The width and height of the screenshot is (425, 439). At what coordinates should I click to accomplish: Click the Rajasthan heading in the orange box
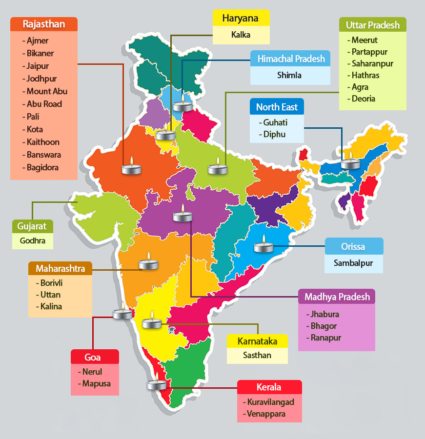(44, 24)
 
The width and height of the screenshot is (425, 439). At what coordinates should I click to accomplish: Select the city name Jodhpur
(41, 79)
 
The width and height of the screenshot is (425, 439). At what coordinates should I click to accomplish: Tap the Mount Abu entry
(47, 91)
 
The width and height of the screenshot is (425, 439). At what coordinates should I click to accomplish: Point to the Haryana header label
(241, 19)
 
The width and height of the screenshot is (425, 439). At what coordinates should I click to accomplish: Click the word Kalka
(241, 35)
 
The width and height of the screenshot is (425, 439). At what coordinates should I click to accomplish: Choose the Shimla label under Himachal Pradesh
(289, 75)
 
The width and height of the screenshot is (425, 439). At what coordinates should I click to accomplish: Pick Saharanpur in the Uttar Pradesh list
(372, 63)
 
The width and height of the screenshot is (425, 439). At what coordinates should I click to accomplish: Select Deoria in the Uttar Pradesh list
(364, 99)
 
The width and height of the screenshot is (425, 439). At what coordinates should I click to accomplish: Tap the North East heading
(277, 107)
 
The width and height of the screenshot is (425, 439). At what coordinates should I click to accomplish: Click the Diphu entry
(274, 134)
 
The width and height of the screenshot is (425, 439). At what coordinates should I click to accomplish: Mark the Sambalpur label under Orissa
(353, 263)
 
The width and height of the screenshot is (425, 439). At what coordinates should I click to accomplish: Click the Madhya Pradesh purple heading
(337, 297)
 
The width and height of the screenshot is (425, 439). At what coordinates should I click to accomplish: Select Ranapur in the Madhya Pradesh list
(325, 338)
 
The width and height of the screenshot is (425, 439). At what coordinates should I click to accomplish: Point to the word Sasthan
(257, 355)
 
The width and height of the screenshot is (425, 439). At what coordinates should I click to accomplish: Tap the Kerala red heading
(269, 387)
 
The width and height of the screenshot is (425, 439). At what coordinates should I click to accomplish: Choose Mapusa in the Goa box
(96, 383)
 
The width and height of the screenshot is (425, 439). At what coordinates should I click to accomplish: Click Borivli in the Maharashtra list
(52, 283)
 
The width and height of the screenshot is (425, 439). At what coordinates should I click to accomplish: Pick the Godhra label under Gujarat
(33, 241)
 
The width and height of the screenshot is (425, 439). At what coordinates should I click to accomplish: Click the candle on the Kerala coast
(157, 384)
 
